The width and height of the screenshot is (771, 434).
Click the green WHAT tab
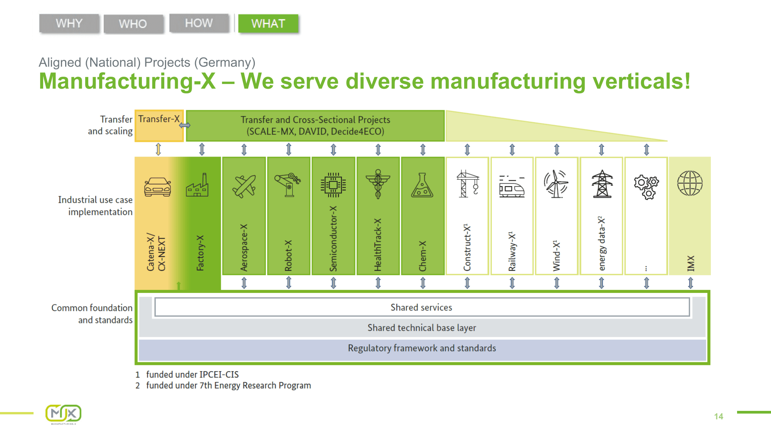(x=268, y=24)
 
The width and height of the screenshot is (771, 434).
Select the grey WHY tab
(x=69, y=24)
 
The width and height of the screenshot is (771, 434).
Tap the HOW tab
(x=199, y=23)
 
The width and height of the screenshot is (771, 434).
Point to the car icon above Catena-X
(x=157, y=187)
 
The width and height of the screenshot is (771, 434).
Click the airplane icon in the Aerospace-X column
(x=244, y=186)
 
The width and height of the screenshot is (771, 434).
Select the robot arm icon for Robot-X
(x=288, y=185)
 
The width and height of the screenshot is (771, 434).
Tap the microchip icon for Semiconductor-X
(x=333, y=185)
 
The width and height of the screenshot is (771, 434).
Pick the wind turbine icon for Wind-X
(x=556, y=184)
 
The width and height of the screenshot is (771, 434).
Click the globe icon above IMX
(x=690, y=183)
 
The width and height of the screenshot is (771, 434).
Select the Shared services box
(x=421, y=307)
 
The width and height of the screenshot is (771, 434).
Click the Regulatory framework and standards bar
(x=422, y=348)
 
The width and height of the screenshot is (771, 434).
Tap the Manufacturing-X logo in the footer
(x=64, y=414)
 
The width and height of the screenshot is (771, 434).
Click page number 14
(x=718, y=416)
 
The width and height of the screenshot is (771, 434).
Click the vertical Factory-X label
(x=200, y=253)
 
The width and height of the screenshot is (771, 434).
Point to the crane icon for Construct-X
(x=467, y=184)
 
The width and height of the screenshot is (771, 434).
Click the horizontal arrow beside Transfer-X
(x=185, y=125)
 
